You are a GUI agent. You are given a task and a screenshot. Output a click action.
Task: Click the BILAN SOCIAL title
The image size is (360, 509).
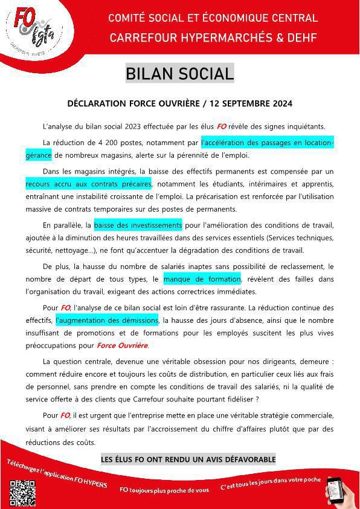pyautogui.click(x=179, y=74)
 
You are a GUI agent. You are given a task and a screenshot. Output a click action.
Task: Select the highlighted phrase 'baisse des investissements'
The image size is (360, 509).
pyautogui.click(x=138, y=225)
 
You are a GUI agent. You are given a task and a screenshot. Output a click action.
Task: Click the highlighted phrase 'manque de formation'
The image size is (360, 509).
pyautogui.click(x=202, y=279)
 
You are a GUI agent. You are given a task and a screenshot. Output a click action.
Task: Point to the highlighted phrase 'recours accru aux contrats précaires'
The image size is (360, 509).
pyautogui.click(x=88, y=183)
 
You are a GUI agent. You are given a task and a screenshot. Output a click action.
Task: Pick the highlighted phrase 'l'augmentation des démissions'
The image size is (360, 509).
pyautogui.click(x=107, y=320)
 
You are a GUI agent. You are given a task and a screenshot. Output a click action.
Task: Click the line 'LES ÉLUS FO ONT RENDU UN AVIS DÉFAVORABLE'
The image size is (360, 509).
pyautogui.click(x=188, y=459)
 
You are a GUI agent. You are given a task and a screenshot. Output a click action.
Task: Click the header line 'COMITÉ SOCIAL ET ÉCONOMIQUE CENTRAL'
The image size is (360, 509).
pyautogui.click(x=213, y=18)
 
